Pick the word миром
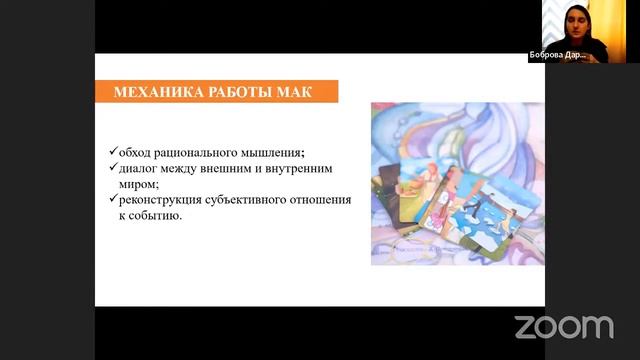tap(138, 184)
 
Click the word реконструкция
tap(161, 200)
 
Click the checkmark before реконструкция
tap(113, 200)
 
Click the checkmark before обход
tap(113, 151)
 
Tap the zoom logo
tap(563, 327)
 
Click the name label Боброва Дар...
tap(557, 56)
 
